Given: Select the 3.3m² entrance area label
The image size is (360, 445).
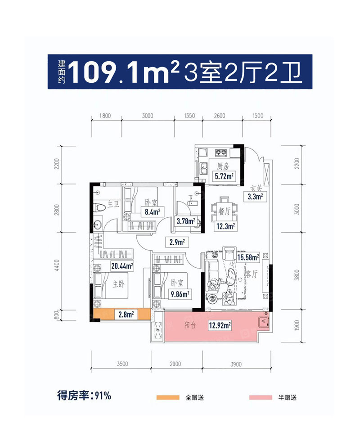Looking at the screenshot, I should [x=255, y=196].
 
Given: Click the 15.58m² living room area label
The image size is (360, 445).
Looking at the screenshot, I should [x=248, y=258].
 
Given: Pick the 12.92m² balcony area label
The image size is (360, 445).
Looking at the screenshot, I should [x=220, y=324].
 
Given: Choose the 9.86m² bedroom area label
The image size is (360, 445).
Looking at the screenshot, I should [x=180, y=295].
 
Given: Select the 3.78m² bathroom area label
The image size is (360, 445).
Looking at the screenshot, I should [x=185, y=221].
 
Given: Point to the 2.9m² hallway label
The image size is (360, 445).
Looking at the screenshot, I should [x=177, y=242].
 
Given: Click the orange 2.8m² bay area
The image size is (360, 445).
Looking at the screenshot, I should [x=121, y=315].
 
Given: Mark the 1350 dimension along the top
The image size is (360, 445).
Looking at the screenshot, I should [x=189, y=116].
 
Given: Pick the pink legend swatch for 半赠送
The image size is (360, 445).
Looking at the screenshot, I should [x=261, y=397].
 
